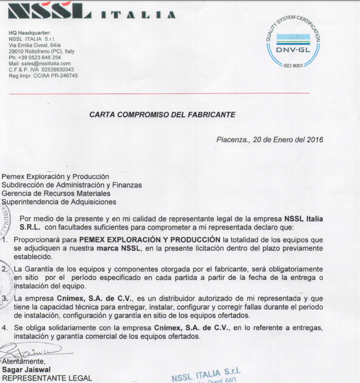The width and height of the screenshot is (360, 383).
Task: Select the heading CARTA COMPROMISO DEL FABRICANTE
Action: (162, 114)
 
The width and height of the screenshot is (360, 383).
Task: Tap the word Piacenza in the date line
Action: (232, 140)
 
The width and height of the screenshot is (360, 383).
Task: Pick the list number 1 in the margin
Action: (5, 239)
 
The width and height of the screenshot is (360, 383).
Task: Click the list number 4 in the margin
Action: (5, 328)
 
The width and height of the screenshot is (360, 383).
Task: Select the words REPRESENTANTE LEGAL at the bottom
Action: (47, 378)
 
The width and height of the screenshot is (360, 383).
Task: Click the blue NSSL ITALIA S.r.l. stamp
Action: (206, 374)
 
